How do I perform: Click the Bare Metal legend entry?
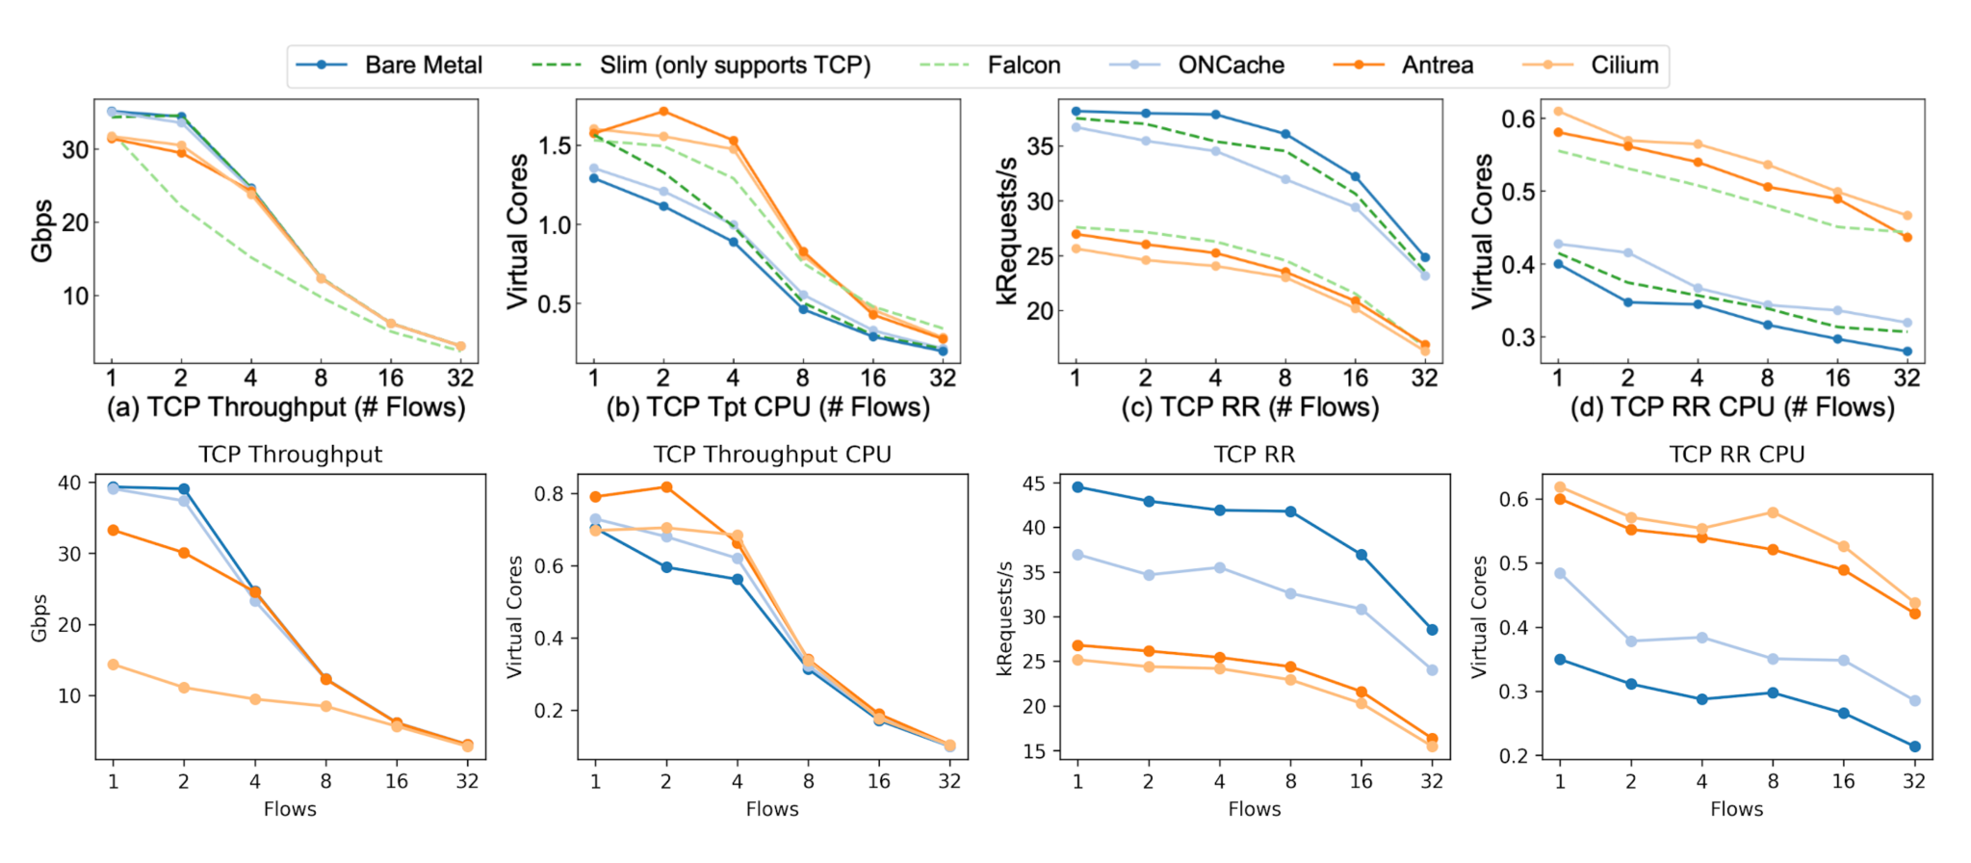click(390, 65)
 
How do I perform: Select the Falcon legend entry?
click(991, 65)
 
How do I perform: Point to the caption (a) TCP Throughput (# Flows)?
click(286, 407)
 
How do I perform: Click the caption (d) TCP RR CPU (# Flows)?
click(1732, 407)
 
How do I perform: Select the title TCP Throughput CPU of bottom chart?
click(772, 455)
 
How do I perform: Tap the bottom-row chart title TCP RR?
click(1254, 455)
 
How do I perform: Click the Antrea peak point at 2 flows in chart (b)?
click(662, 112)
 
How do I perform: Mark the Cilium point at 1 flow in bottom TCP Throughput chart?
click(113, 665)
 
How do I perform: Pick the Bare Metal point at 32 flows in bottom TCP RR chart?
click(1432, 630)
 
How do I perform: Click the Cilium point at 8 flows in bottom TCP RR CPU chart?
click(1773, 512)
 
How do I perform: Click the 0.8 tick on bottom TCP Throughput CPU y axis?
click(550, 494)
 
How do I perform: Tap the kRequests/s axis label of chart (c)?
click(1007, 231)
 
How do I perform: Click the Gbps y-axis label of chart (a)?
click(42, 231)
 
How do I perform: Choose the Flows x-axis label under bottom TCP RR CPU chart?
click(1736, 810)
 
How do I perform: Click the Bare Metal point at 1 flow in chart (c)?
click(1076, 112)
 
